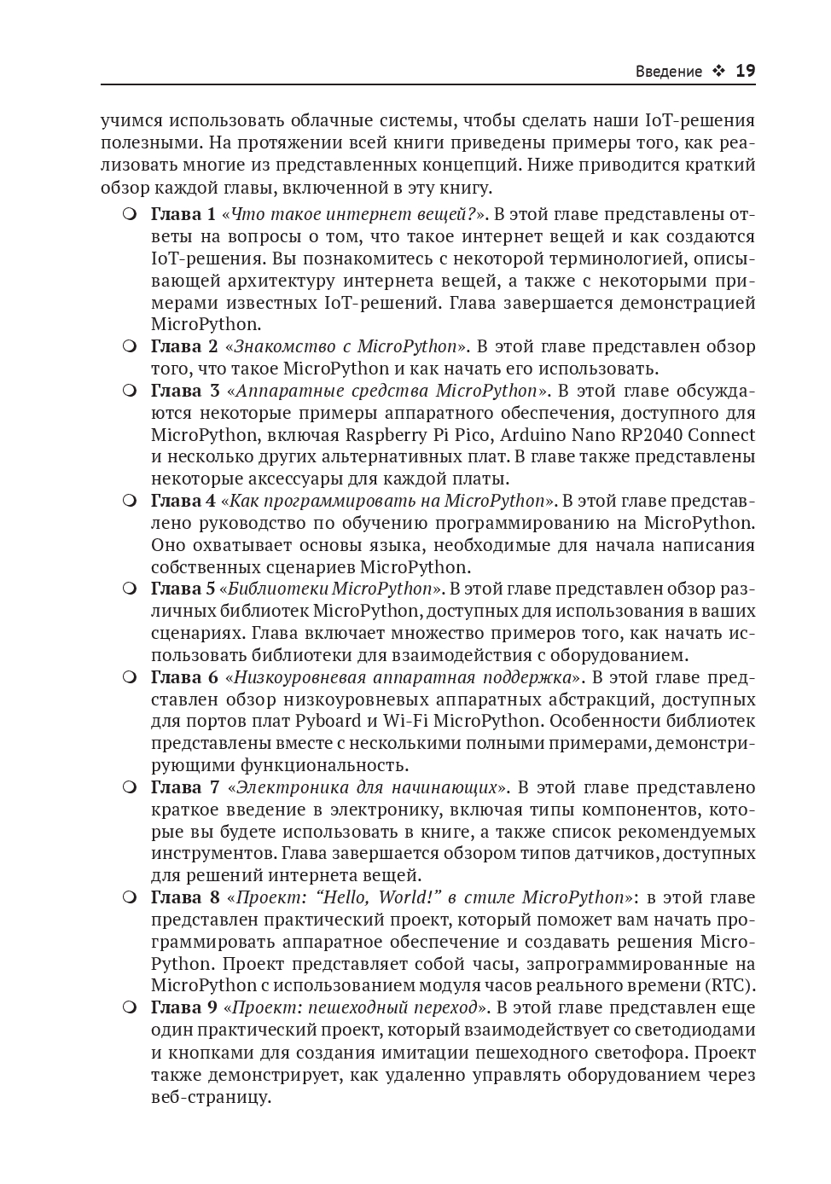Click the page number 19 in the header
[x=745, y=71]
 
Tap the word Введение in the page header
[x=669, y=72]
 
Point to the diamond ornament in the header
[x=718, y=72]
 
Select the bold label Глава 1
[x=183, y=214]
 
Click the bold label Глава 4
[x=183, y=501]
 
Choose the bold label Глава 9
[x=183, y=1007]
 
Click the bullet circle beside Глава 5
[x=130, y=589]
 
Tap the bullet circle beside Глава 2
[x=130, y=346]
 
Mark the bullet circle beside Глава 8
[x=130, y=897]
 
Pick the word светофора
[x=642, y=1052]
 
